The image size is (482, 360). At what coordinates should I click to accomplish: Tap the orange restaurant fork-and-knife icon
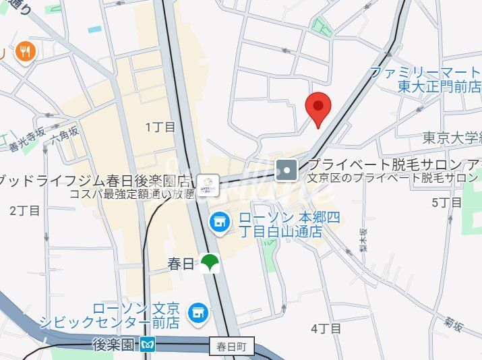pos(25,52)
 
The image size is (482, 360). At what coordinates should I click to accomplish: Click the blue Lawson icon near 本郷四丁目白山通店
pos(218,220)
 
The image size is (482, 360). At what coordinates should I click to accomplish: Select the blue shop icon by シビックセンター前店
pos(198,311)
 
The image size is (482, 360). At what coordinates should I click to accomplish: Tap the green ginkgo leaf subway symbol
pos(210,263)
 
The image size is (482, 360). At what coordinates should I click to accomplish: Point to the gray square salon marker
pos(287,170)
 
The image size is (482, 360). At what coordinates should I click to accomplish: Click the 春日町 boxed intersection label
pos(232,347)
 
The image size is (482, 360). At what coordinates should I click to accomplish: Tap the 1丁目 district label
pos(160,127)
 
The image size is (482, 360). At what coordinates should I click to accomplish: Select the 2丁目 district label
pos(25,210)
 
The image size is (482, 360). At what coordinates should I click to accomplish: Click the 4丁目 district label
pos(326,328)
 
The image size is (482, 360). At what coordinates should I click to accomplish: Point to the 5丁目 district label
pos(446,202)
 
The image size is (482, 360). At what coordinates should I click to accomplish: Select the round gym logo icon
pos(208,183)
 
